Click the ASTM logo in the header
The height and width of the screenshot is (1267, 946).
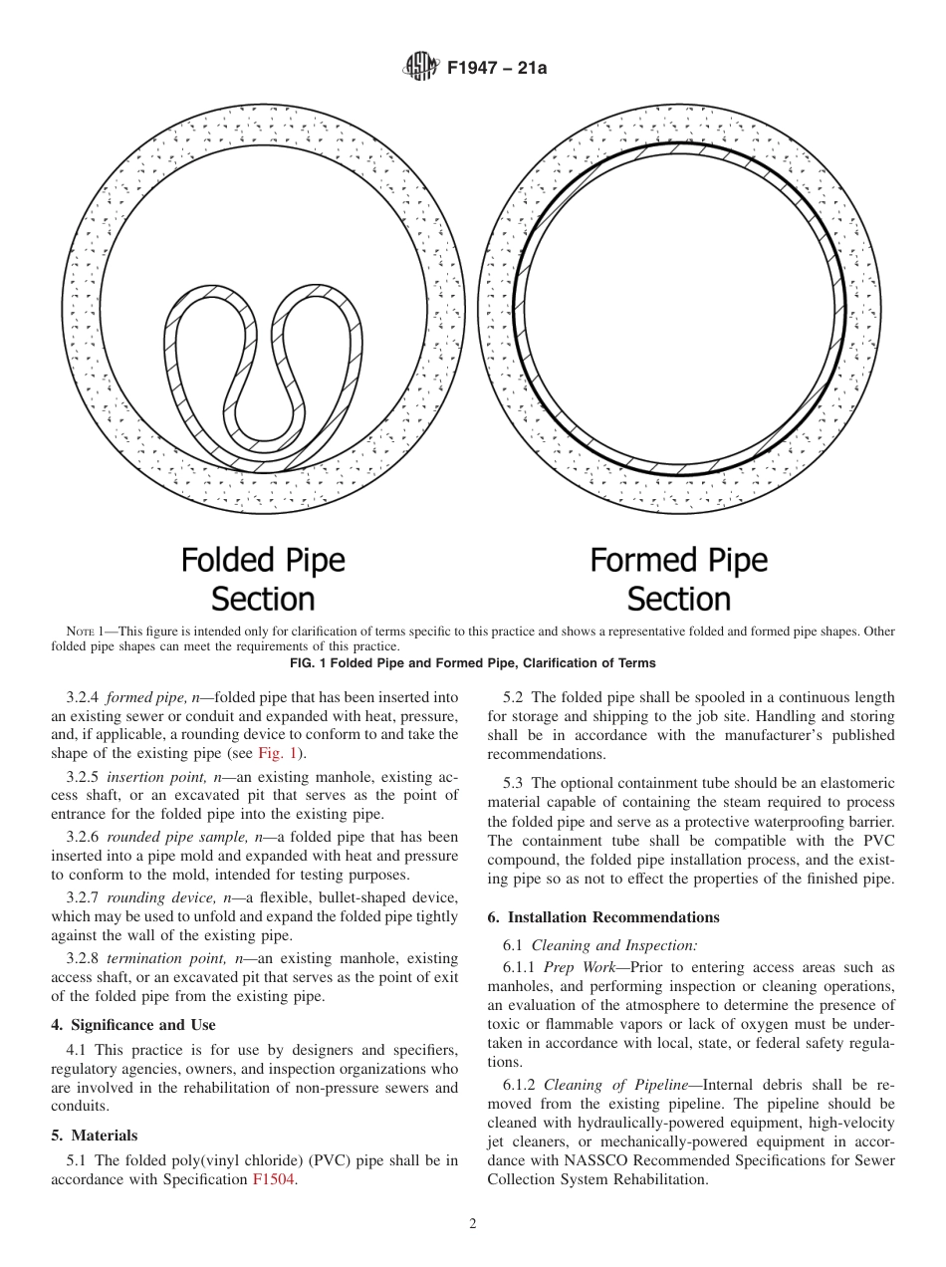coord(420,67)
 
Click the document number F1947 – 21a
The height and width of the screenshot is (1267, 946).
coord(497,68)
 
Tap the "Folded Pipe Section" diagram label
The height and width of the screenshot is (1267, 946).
coord(263,579)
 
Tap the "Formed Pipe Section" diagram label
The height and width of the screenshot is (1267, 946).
coord(679,579)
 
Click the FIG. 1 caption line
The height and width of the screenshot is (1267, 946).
coord(472,662)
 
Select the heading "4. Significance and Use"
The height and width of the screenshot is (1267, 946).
coord(133,1024)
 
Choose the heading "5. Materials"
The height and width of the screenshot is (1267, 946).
coord(95,1135)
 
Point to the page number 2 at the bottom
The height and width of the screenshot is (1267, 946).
coord(472,1224)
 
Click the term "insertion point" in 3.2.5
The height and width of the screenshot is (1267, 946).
coord(154,776)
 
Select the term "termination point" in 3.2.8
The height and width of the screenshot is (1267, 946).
coord(162,958)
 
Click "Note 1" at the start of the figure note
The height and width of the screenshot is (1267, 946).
coord(85,632)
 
